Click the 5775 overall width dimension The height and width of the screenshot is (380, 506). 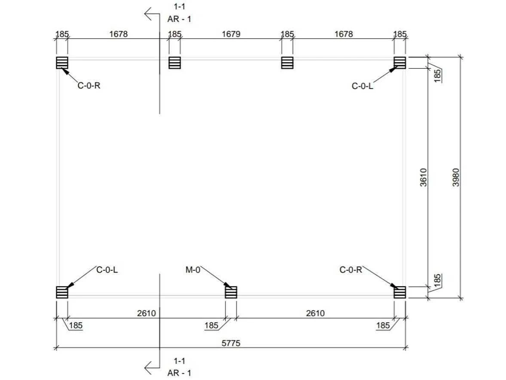(231, 343)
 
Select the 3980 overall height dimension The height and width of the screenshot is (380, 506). (456, 177)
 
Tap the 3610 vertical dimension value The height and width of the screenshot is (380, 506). (424, 177)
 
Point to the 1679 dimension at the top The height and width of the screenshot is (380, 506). (231, 34)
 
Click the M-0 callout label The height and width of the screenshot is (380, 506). (193, 270)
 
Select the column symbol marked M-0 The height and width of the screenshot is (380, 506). (231, 292)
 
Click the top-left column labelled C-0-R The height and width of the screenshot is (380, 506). (62, 63)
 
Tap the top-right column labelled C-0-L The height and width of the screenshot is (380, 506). (400, 63)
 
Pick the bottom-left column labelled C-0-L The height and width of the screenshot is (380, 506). (62, 292)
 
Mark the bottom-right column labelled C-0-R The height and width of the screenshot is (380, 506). (400, 292)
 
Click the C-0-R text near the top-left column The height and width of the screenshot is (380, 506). (89, 86)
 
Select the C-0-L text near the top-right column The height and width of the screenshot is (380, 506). (363, 86)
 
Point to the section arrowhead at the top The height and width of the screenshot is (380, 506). (148, 14)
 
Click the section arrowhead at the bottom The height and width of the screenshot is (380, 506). (148, 368)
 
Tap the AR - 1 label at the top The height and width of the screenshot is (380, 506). (179, 19)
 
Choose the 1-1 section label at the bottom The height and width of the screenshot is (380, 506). (180, 361)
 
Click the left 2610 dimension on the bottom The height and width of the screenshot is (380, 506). (146, 313)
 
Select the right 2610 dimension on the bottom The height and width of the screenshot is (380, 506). (315, 313)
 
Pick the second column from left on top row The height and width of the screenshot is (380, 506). (174, 63)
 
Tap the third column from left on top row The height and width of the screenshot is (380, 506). (287, 63)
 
